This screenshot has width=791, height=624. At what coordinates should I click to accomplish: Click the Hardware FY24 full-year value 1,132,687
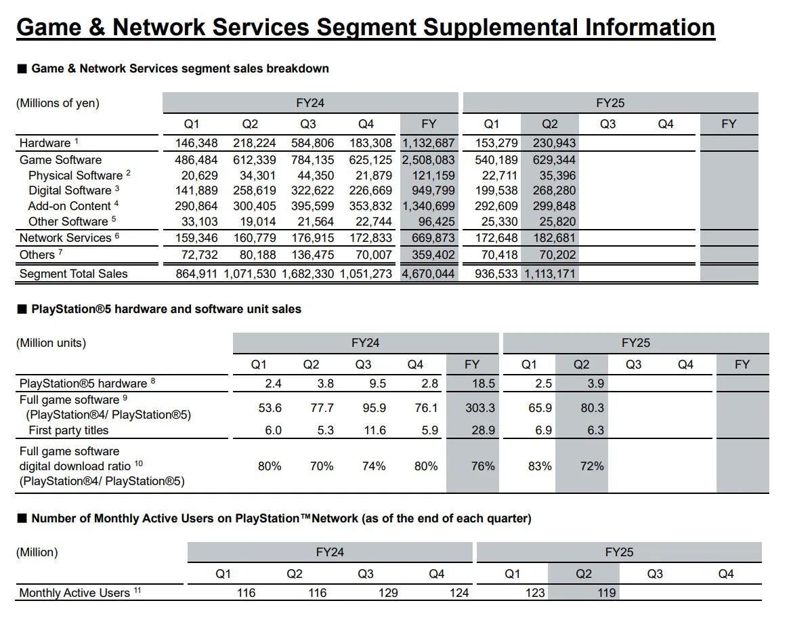pyautogui.click(x=429, y=143)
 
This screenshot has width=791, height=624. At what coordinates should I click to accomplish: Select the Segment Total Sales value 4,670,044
pyautogui.click(x=429, y=274)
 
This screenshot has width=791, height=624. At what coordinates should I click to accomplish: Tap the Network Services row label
pyautogui.click(x=65, y=238)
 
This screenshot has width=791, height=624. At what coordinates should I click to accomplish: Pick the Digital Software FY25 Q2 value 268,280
pyautogui.click(x=554, y=190)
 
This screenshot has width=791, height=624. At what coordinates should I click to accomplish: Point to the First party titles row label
pyautogui.click(x=68, y=430)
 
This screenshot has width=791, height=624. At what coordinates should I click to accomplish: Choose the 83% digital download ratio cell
pyautogui.click(x=539, y=466)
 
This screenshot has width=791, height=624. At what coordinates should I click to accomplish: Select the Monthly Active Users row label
pyautogui.click(x=74, y=593)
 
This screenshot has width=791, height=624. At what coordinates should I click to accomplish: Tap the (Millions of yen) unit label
pyautogui.click(x=58, y=103)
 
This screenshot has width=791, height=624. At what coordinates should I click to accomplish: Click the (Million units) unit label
pyautogui.click(x=51, y=343)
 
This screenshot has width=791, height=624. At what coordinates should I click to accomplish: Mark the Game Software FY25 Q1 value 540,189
pyautogui.click(x=495, y=160)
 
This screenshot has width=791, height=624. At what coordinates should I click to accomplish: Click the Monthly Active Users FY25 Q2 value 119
pyautogui.click(x=607, y=593)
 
